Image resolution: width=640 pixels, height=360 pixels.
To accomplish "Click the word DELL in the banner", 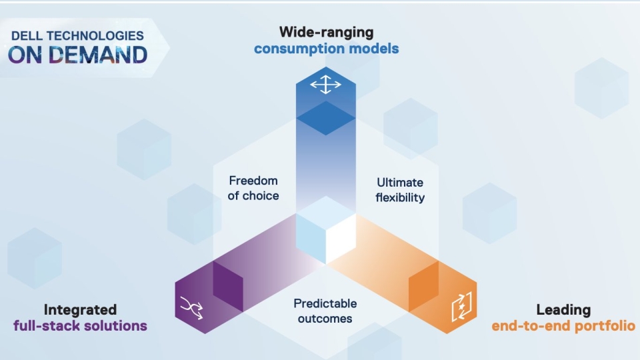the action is [26, 36].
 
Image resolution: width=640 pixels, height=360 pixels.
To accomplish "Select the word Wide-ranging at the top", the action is [326, 32].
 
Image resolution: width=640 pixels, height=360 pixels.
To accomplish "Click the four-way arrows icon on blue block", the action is [326, 85].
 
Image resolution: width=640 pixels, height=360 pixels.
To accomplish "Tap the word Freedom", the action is [253, 181].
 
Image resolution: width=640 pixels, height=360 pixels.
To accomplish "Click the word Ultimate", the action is [400, 183].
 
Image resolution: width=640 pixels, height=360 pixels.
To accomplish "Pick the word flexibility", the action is [400, 197].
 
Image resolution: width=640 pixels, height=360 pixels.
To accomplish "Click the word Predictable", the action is [325, 304].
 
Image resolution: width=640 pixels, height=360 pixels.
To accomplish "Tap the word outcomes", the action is [325, 319].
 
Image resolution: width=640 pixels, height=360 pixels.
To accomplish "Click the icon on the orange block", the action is [461, 306].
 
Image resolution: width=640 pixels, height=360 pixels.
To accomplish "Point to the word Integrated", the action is [80, 310].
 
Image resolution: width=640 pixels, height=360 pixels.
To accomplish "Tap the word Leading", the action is [563, 310].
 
